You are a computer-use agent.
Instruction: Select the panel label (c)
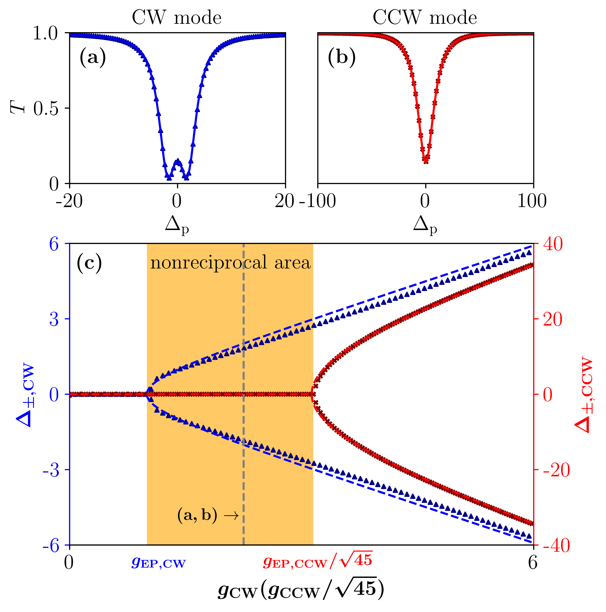pos(89,263)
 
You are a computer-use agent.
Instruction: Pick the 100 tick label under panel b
pos(532,201)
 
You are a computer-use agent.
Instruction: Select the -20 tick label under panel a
pos(69,201)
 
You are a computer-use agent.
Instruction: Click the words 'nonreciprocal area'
pos(230,263)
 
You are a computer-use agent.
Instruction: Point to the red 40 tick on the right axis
pos(553,245)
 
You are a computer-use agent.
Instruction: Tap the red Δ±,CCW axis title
pos(584,394)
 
